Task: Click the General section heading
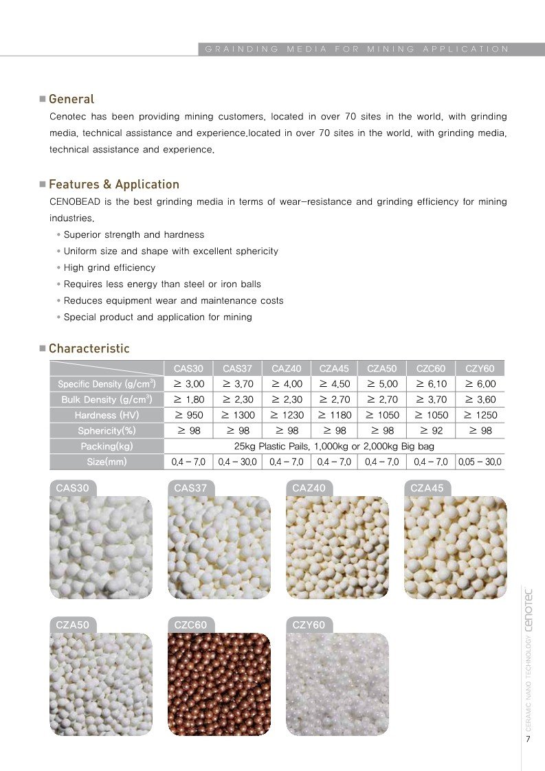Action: [x=71, y=99]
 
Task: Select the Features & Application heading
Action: [x=113, y=184]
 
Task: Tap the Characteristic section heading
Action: [x=89, y=348]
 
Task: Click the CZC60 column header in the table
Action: [x=431, y=369]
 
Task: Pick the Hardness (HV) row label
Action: [x=106, y=415]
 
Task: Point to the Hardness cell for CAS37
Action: [x=238, y=415]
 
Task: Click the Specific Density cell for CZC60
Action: [x=431, y=384]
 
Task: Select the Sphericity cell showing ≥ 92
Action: [x=431, y=431]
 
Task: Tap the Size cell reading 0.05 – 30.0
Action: [x=480, y=462]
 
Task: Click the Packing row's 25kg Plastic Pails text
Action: [x=334, y=447]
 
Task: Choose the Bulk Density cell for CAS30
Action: [x=189, y=400]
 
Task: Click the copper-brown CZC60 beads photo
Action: [x=219, y=684]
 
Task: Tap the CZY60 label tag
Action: [x=309, y=625]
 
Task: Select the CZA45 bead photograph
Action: [x=455, y=548]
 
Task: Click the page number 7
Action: [x=528, y=739]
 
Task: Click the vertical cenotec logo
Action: [x=528, y=607]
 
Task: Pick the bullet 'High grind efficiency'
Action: [x=109, y=267]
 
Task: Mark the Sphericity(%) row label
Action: [x=106, y=431]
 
